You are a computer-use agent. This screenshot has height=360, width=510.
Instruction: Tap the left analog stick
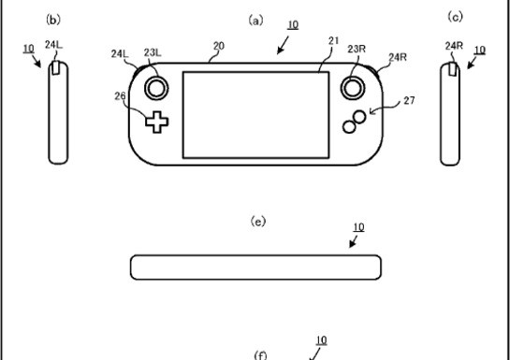coord(155,87)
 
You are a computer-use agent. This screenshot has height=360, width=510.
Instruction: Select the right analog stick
coord(354,87)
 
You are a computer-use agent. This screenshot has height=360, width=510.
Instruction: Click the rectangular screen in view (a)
coord(255,114)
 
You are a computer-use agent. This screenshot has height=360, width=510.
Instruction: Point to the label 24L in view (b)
coord(53,44)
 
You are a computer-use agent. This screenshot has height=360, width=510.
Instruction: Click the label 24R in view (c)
coord(454,45)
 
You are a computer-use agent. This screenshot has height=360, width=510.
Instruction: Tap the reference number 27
coord(408,100)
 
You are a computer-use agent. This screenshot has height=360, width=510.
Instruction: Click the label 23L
coord(153,53)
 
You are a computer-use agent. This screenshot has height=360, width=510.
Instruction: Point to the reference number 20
coord(219,46)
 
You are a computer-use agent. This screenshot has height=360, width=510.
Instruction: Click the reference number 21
coord(333,41)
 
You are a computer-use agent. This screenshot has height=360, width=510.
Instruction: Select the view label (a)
coord(255,19)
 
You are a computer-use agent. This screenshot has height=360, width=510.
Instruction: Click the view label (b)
coord(53,19)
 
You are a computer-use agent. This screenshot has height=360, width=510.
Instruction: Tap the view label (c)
coord(456,17)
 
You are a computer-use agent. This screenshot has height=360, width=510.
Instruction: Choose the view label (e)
coord(258,221)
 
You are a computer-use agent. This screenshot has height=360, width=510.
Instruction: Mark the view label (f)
coord(261,354)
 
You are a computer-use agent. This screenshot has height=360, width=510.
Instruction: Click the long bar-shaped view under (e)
coord(255,266)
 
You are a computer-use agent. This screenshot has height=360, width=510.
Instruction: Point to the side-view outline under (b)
coord(59,112)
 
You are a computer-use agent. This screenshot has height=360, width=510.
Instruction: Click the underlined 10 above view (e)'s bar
coord(358,227)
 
